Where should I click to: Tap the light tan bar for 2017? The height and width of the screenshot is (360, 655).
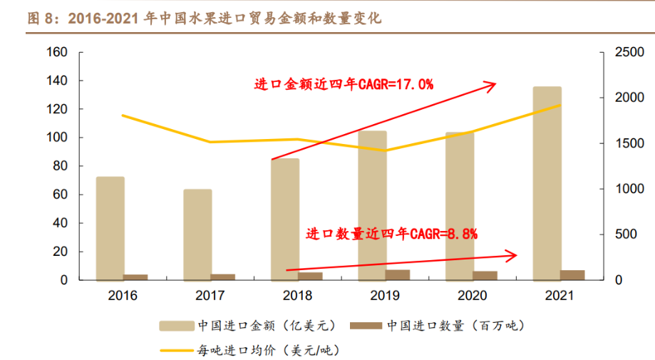[x=197, y=235]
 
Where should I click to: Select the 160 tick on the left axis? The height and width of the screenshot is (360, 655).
[x=57, y=52]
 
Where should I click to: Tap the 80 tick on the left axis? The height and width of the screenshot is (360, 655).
[x=60, y=166]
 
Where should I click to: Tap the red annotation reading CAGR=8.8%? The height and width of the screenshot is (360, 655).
[x=391, y=233]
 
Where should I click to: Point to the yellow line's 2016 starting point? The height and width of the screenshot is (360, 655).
[x=123, y=115]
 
